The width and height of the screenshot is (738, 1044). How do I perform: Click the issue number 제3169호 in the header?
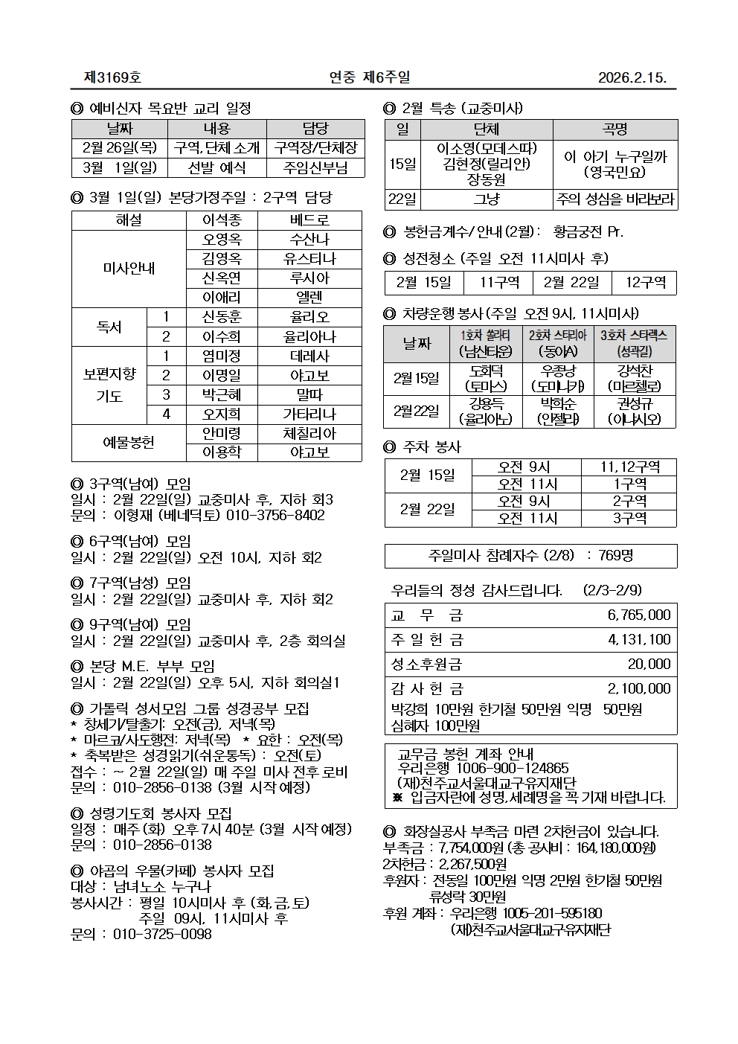point(113,77)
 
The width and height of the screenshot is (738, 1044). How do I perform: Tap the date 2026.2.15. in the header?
point(632,78)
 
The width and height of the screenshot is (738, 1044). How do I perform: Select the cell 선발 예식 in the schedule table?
point(216,168)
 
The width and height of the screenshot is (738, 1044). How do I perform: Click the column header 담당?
point(315,129)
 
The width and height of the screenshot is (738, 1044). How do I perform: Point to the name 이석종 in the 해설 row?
point(222,221)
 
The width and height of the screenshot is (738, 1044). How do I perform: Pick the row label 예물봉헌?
point(128,443)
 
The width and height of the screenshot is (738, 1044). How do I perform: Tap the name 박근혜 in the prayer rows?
point(222,394)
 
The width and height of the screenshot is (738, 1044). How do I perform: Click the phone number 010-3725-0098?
point(162,934)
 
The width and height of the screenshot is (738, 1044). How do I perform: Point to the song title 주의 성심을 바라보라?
point(615,199)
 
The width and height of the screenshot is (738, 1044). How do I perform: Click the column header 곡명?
point(615,129)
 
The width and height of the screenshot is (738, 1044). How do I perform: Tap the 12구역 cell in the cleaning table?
point(644,283)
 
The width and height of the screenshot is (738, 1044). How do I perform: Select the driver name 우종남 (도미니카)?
point(557,378)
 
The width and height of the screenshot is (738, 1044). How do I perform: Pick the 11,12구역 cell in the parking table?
point(629,467)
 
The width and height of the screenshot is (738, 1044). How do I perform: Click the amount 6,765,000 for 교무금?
point(638,615)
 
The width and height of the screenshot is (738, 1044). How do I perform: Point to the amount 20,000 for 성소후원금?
point(649,664)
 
